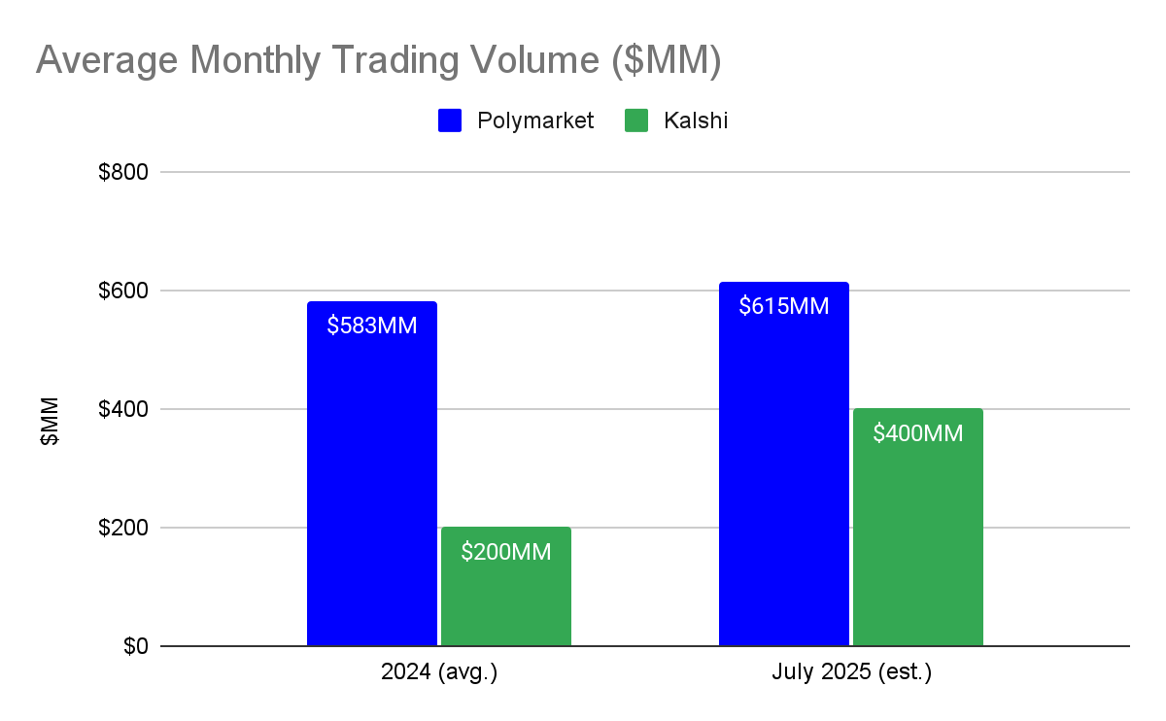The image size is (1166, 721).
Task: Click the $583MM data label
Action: tap(371, 326)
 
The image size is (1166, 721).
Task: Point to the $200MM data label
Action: tap(505, 553)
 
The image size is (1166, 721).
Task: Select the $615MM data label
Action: tap(783, 306)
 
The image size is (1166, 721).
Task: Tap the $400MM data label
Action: tap(917, 433)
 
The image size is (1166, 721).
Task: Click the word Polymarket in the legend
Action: tap(534, 120)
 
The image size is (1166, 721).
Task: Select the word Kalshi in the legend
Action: tap(696, 120)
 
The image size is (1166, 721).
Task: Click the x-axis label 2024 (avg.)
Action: tap(439, 673)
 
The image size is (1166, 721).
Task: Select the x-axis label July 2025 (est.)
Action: tap(851, 673)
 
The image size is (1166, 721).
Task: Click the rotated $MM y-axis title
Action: tap(50, 421)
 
